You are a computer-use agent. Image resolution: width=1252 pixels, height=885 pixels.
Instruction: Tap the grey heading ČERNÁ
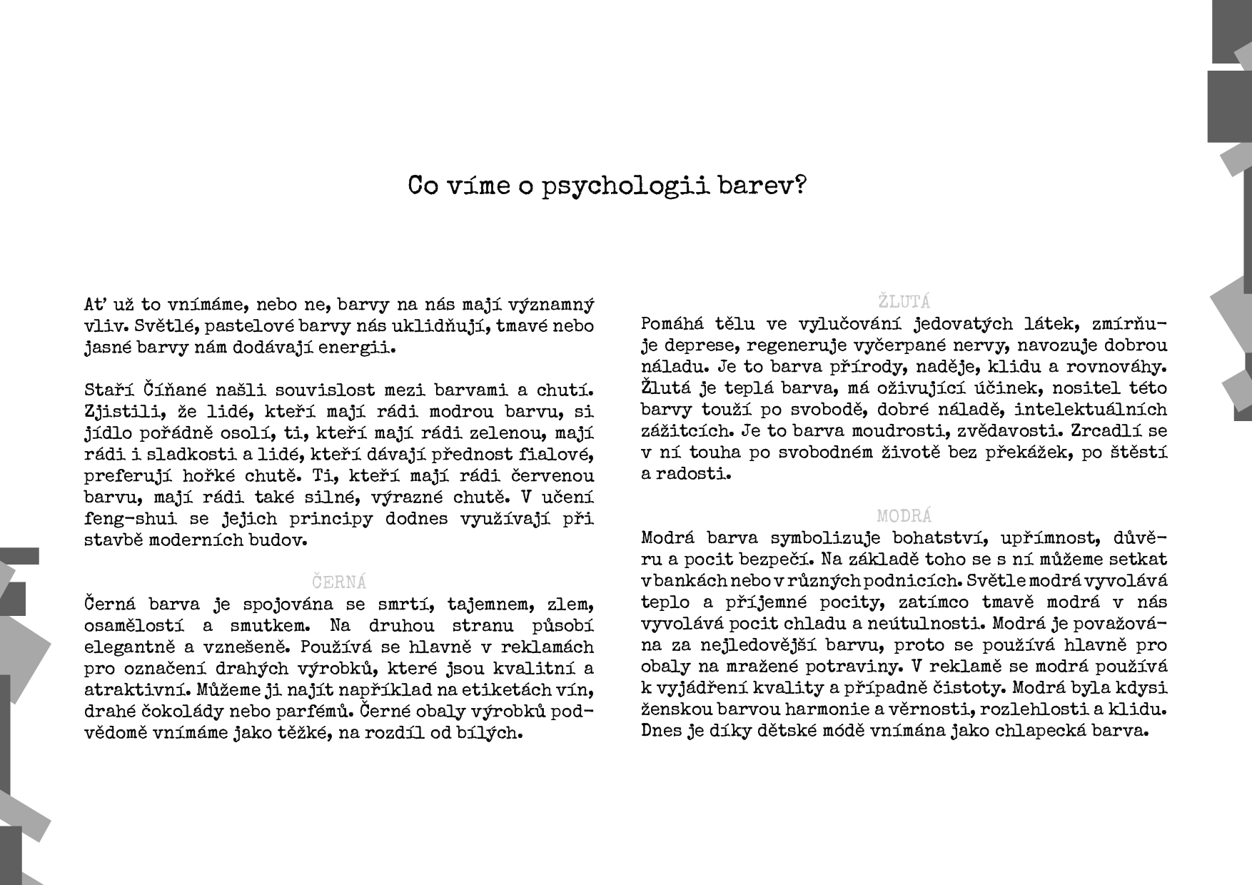(340, 582)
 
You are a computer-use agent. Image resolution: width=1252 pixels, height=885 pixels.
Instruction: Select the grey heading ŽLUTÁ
(904, 301)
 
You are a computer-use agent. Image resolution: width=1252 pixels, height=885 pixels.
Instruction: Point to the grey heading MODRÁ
(904, 515)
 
